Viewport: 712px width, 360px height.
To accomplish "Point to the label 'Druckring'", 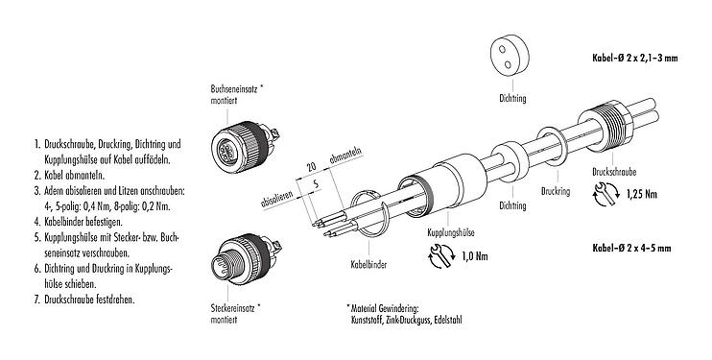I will (x=557, y=191).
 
